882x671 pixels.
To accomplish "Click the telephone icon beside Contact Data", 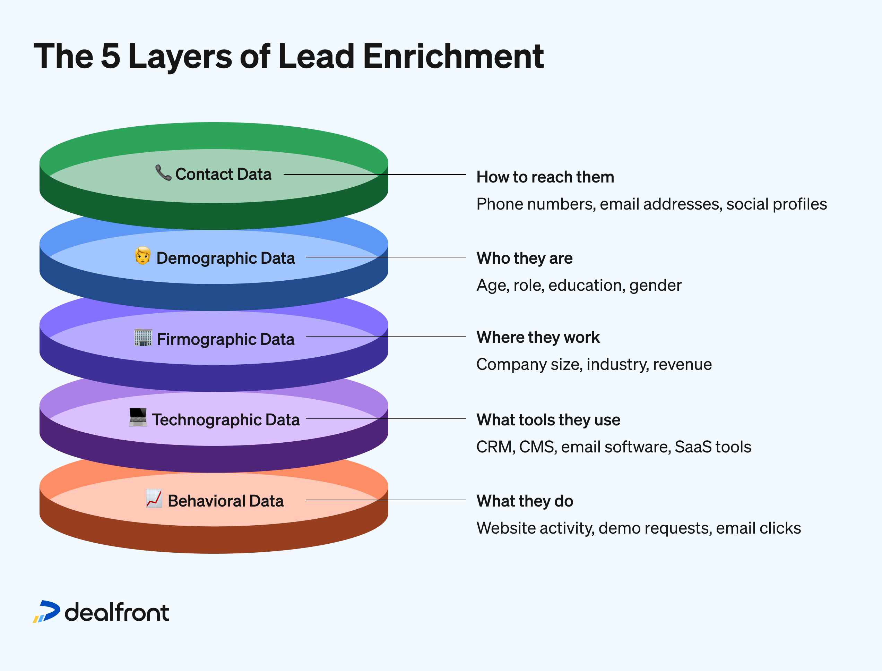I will point(163,172).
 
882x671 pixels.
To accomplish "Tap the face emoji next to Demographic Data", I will point(142,256).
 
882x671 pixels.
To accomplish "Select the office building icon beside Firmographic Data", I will point(143,338).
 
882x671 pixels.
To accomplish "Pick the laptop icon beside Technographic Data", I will point(138,417).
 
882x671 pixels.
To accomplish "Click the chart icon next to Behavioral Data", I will point(154,499).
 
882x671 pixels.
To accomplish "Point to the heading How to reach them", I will point(545,177).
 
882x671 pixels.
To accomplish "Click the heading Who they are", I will point(525,258).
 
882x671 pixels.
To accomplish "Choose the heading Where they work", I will point(538,337).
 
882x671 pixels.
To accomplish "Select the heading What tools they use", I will point(548,420).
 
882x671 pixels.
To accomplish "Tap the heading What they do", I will point(525,501).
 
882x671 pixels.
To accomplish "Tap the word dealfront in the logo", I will point(117,612).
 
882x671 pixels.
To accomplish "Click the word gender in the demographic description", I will point(655,285).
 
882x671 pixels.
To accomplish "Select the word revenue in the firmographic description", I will point(682,364).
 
